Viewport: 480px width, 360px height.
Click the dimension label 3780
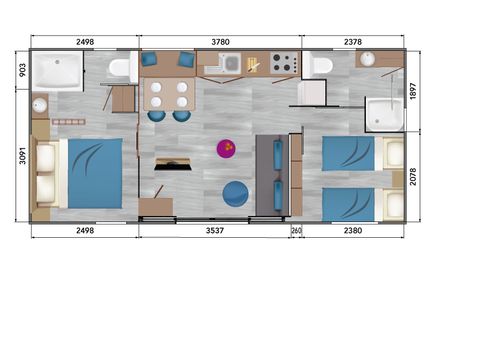click(x=220, y=42)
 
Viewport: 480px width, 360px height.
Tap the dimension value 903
click(x=22, y=70)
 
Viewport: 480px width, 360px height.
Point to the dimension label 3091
click(x=22, y=155)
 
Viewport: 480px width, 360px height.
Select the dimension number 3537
click(x=215, y=230)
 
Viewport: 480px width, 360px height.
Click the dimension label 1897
click(x=413, y=91)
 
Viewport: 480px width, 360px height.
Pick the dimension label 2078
click(x=413, y=176)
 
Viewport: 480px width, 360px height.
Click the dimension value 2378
click(x=353, y=42)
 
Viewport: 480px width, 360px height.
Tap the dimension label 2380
click(x=353, y=230)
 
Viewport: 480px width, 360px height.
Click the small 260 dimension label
click(x=296, y=230)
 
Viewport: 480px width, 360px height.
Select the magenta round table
click(x=226, y=148)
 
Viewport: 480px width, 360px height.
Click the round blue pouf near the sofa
click(x=235, y=194)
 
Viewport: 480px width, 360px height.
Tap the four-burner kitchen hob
click(x=284, y=63)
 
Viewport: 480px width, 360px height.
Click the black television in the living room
click(x=173, y=164)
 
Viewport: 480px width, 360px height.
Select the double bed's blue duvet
click(x=95, y=173)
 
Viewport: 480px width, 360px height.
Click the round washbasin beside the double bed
click(x=40, y=106)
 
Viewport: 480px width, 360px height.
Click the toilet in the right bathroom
click(x=318, y=66)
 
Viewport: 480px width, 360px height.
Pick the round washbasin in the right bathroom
click(x=367, y=59)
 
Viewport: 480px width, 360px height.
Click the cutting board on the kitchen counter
click(x=253, y=65)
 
